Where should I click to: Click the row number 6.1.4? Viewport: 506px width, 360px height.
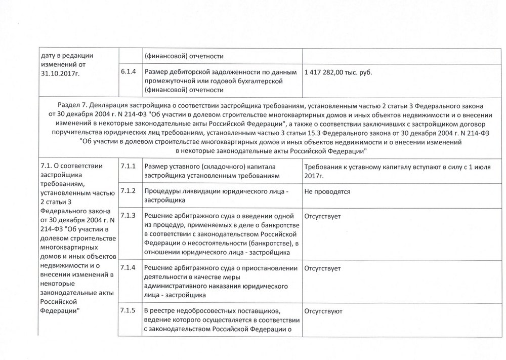(129, 72)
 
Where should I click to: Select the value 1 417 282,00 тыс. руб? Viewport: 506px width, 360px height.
(338, 72)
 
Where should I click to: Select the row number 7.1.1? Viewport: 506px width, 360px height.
(129, 166)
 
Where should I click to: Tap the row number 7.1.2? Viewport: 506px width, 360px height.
(129, 191)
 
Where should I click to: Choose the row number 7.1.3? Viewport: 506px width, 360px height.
(129, 216)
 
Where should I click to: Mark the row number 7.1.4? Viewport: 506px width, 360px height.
(129, 267)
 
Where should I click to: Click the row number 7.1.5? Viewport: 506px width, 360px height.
(129, 310)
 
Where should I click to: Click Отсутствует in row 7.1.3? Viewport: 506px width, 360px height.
(323, 216)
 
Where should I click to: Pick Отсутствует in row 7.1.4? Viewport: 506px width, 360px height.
(323, 268)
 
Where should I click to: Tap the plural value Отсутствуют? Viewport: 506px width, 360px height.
(324, 311)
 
